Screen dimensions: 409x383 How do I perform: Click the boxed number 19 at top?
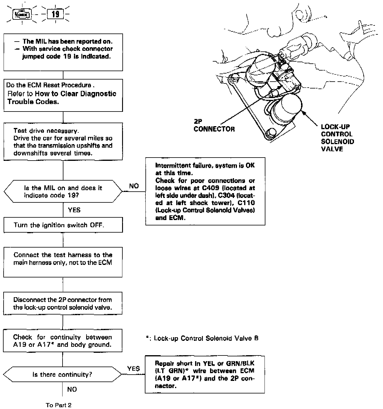(55, 14)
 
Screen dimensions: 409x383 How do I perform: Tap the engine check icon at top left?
(22, 14)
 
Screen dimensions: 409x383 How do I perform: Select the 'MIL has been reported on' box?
(63, 52)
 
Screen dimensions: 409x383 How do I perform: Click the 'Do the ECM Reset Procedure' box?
(63, 95)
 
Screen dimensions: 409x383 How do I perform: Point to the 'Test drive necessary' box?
(63, 142)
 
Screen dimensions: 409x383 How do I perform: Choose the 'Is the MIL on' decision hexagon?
(63, 192)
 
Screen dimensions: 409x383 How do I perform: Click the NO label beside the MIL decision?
(134, 186)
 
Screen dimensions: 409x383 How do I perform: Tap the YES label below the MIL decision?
(74, 210)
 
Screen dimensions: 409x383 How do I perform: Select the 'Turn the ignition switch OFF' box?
(63, 225)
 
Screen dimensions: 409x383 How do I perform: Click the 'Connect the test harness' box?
(63, 262)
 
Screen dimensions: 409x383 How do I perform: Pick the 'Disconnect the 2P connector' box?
(63, 303)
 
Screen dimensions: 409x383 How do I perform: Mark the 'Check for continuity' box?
(63, 341)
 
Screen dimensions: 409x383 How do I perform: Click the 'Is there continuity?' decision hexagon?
(63, 375)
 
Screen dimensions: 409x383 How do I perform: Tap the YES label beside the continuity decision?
(133, 369)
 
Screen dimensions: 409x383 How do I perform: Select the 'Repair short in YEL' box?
(205, 374)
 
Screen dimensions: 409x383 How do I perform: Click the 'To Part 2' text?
(59, 405)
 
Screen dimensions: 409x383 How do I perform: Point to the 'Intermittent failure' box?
(205, 191)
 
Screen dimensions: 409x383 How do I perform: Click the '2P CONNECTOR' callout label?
(214, 125)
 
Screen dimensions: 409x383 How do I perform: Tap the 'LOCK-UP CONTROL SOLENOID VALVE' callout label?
(337, 138)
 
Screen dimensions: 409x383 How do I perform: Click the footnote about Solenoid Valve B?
(202, 338)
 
